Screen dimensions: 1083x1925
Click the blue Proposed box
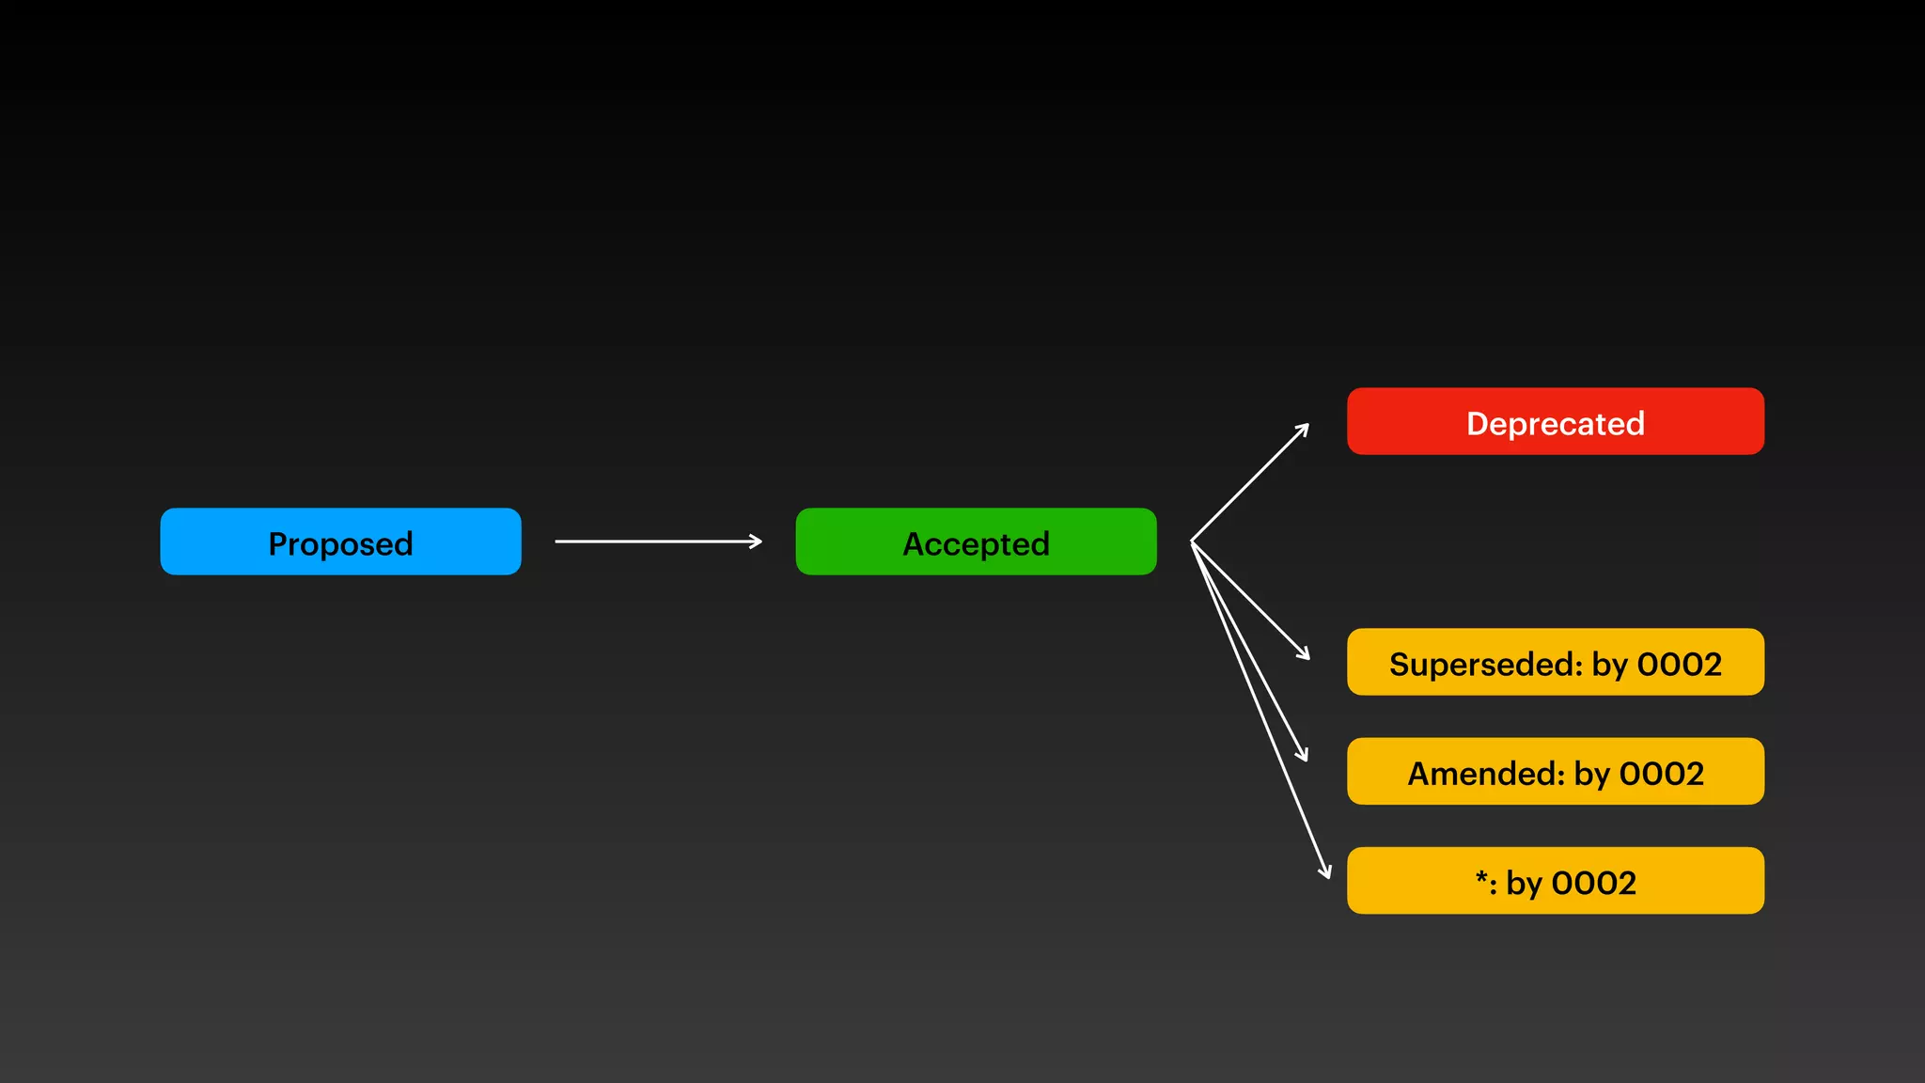pyautogui.click(x=340, y=541)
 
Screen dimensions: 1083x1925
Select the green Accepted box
pyautogui.click(x=976, y=541)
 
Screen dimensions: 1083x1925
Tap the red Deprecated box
pyautogui.click(x=1555, y=421)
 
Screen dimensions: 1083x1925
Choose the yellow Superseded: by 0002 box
pyautogui.click(x=1555, y=662)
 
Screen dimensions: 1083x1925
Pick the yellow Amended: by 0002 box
pyautogui.click(x=1555, y=771)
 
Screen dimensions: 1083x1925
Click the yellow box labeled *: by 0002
pyautogui.click(x=1555, y=880)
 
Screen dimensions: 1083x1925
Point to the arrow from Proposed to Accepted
pyautogui.click(x=658, y=541)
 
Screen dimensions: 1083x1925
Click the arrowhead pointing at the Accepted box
pyautogui.click(x=756, y=541)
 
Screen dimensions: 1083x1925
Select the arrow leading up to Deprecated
pyautogui.click(x=1250, y=483)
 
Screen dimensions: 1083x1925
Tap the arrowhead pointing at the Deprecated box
pyautogui.click(x=1304, y=429)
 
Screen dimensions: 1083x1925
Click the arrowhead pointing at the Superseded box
pyautogui.click(x=1305, y=654)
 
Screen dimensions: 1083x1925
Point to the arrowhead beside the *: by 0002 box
pyautogui.click(x=1326, y=872)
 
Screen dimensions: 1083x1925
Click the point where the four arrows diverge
pyautogui.click(x=1192, y=542)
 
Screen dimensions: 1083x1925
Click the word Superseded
pyautogui.click(x=1486, y=665)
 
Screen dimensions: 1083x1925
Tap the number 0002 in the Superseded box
pyautogui.click(x=1679, y=665)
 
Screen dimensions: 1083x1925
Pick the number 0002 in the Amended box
pyautogui.click(x=1661, y=774)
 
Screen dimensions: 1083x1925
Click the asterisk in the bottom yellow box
pyautogui.click(x=1482, y=878)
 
